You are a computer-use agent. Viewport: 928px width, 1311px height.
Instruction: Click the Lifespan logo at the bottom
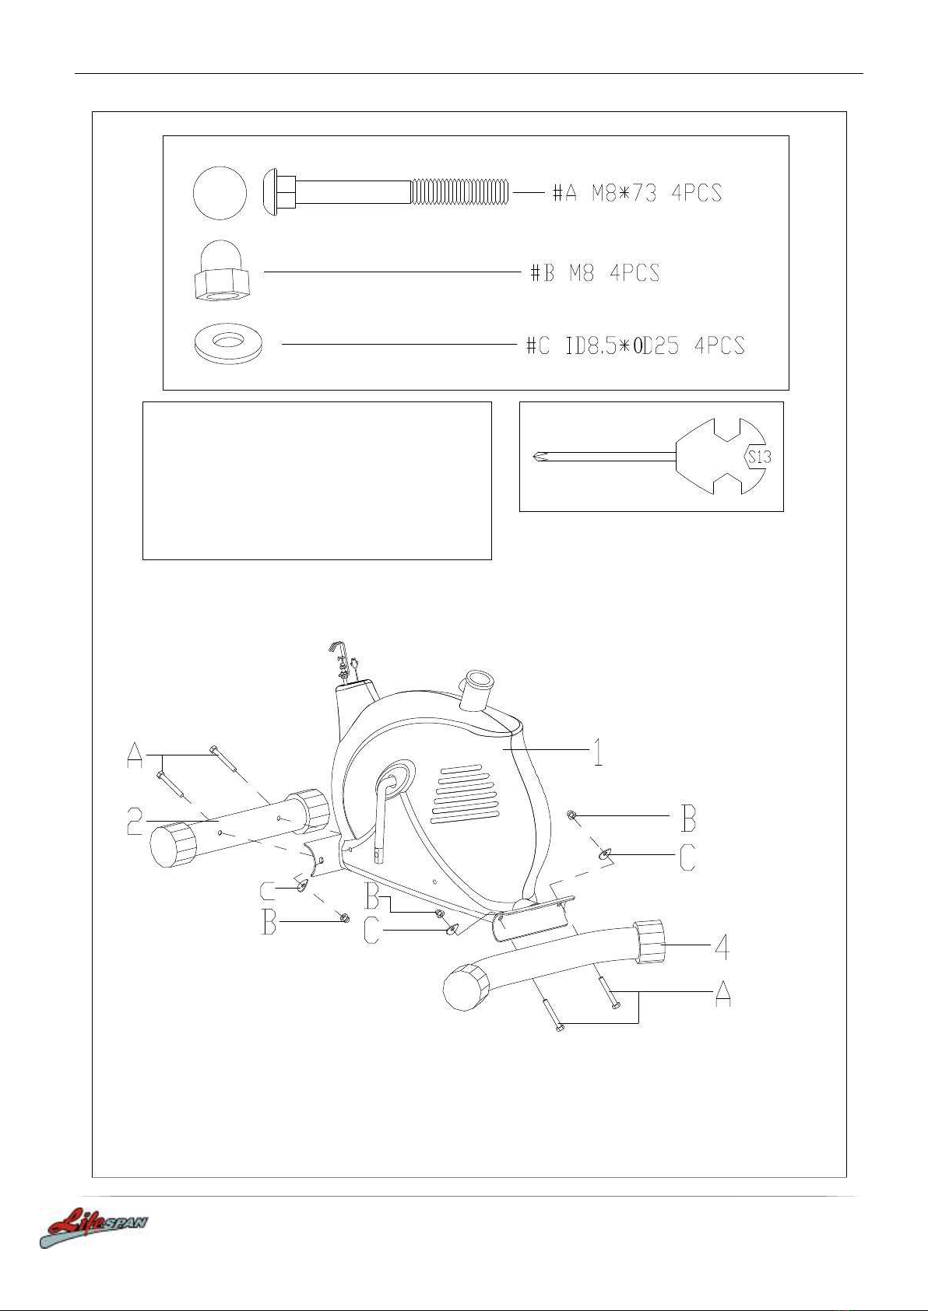[x=93, y=1226]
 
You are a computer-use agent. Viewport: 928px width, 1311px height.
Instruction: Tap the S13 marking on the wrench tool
[x=759, y=457]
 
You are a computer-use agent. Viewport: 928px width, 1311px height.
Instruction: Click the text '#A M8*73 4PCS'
[x=637, y=193]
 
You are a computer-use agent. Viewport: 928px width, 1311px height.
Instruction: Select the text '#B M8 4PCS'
[x=595, y=273]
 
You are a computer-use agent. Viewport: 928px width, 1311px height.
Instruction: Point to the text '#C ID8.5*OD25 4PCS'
[x=635, y=345]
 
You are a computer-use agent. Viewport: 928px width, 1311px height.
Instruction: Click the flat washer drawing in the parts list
[x=228, y=344]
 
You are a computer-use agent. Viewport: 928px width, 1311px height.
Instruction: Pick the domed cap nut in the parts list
[x=220, y=270]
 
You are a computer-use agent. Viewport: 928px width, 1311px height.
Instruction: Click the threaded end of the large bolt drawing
[x=460, y=192]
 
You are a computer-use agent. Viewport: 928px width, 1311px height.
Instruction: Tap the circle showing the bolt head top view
[x=220, y=192]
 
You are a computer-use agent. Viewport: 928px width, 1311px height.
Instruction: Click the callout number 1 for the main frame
[x=597, y=752]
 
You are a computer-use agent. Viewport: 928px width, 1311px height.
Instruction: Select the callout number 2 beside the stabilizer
[x=135, y=821]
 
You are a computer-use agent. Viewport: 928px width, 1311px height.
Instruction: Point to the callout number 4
[x=722, y=946]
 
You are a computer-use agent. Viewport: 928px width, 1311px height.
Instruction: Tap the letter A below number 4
[x=723, y=994]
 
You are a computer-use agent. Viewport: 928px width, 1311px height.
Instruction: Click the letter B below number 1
[x=688, y=818]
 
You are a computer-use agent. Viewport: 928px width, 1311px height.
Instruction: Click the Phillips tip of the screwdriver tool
[x=540, y=457]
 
